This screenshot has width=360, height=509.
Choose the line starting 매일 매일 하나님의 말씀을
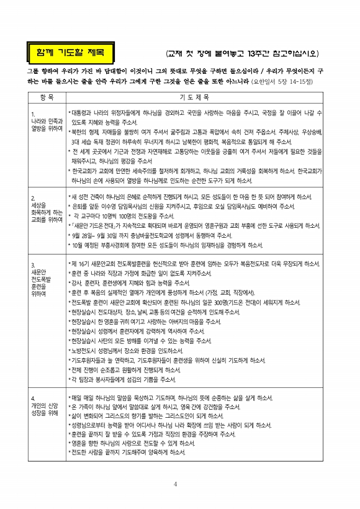point(186,397)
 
